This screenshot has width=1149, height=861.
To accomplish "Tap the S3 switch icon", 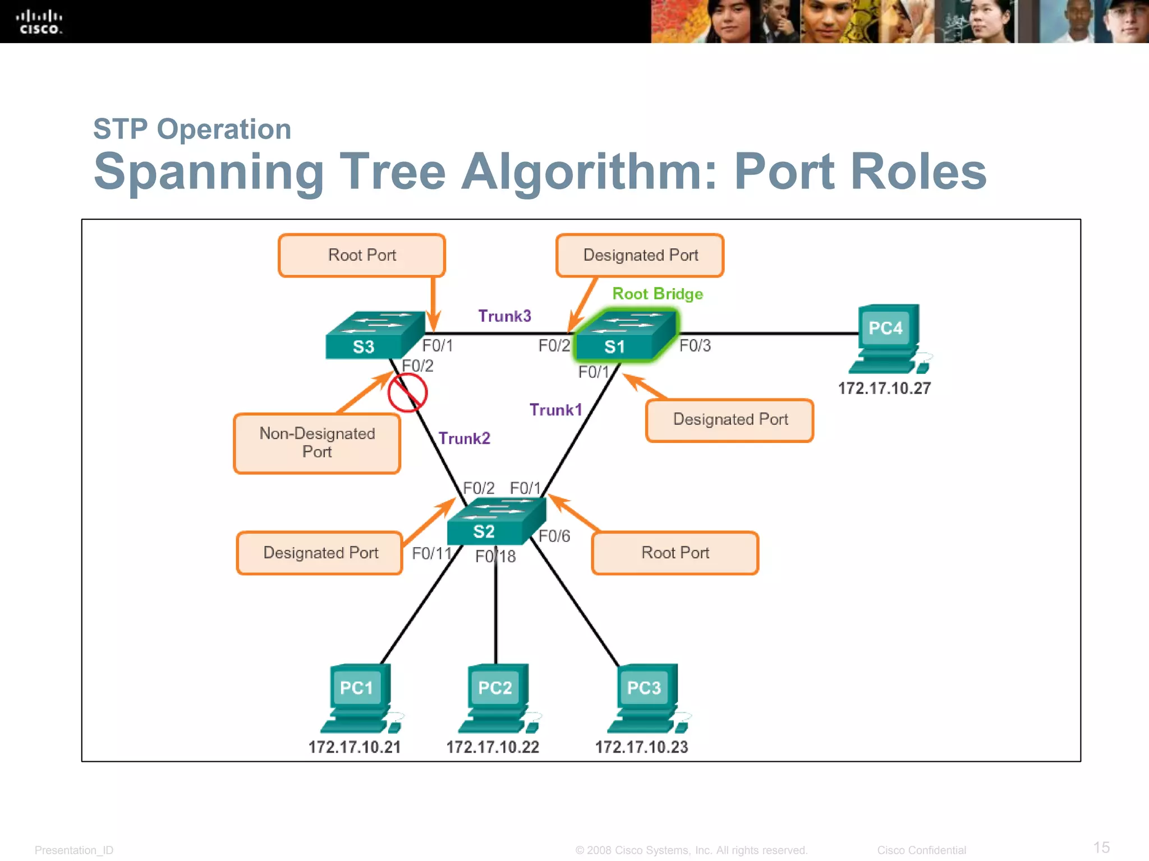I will tap(374, 336).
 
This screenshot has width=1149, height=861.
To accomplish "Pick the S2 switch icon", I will tap(496, 521).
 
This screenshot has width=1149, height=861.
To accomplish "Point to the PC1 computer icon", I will tap(360, 698).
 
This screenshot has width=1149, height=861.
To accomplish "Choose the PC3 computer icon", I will tap(647, 698).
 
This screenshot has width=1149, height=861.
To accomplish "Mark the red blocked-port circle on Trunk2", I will tap(407, 393).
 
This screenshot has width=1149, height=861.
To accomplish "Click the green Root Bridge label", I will tap(658, 294).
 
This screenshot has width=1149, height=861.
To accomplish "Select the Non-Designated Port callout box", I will tap(317, 443).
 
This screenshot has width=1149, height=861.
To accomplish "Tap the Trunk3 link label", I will tap(504, 316).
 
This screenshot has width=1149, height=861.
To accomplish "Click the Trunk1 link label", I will tap(555, 410).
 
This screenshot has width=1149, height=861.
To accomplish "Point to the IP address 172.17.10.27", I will tap(884, 388).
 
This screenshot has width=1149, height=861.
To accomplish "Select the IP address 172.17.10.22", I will tap(493, 747).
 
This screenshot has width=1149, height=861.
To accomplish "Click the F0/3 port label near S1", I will tap(695, 345).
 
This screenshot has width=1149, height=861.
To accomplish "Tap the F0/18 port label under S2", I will tap(495, 557).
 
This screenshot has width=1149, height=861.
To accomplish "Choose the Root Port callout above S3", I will tap(362, 256).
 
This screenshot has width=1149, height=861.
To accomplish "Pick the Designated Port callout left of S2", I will tap(320, 553).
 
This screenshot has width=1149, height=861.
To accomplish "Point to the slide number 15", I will tap(1101, 847).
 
